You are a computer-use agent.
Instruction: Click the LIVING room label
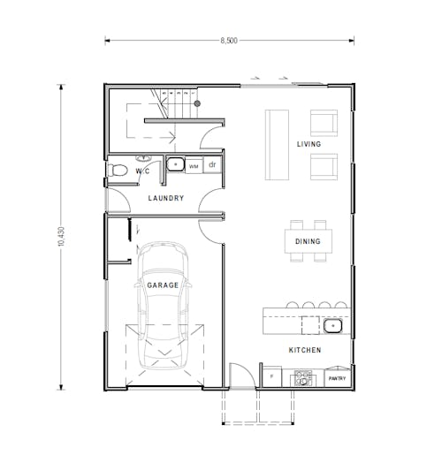click(x=309, y=144)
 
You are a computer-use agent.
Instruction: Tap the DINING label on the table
click(x=308, y=241)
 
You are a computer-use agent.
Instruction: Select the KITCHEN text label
click(x=305, y=350)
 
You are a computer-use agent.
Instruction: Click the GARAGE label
click(x=163, y=285)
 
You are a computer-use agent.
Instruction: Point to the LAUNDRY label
click(x=166, y=199)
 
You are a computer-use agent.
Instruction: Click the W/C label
click(x=141, y=171)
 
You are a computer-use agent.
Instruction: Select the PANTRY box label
click(x=337, y=379)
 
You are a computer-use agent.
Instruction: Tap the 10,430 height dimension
click(x=61, y=236)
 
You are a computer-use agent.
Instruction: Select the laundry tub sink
click(x=176, y=164)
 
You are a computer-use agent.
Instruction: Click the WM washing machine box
click(x=194, y=165)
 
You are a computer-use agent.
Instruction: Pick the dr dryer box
click(x=212, y=164)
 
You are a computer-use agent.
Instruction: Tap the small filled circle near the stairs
click(x=197, y=103)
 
